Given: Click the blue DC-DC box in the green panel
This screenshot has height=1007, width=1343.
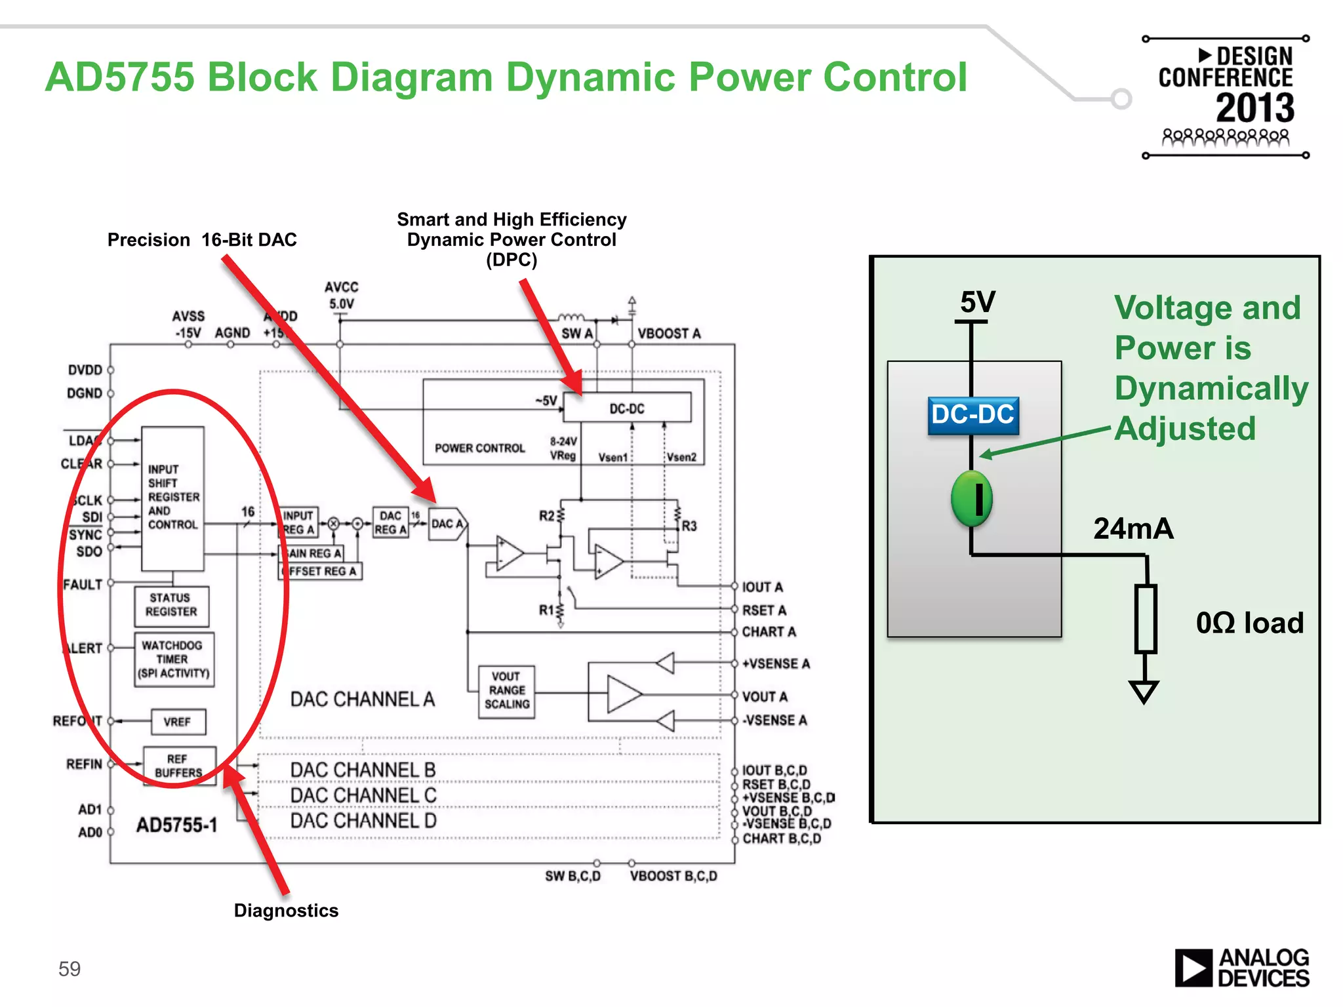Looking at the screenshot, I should click(973, 416).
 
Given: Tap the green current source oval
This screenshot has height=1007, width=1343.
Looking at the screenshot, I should click(971, 498).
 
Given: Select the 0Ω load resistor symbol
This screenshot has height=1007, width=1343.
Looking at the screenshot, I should click(1145, 619).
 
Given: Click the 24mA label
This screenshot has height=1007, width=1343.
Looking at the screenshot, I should click(1133, 528).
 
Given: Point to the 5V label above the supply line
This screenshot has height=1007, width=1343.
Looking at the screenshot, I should click(977, 302).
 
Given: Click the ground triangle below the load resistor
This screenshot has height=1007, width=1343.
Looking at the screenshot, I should click(1144, 691).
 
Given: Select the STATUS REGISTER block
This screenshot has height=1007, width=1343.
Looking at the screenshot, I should click(171, 605).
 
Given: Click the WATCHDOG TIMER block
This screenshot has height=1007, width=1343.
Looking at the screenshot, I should click(174, 659).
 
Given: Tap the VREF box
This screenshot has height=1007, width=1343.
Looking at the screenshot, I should click(178, 722).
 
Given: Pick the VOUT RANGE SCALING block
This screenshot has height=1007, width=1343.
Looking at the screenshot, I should click(507, 691).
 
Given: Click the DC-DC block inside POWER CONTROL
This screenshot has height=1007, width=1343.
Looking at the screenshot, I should click(627, 408).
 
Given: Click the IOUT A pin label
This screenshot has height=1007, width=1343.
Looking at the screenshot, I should click(763, 587).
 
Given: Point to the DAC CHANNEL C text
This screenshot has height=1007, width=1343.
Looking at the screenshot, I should click(363, 795).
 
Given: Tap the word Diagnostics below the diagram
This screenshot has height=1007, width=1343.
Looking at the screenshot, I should click(286, 911).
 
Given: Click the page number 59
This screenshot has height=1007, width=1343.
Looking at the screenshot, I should click(70, 969).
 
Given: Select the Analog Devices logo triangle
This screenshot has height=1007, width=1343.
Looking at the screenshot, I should click(1193, 968).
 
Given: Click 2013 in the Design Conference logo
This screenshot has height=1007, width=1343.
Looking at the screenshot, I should click(1255, 108).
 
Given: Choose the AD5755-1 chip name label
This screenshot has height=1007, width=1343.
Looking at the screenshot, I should click(176, 825).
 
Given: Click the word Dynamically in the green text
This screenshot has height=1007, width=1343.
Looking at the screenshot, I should click(1211, 388).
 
